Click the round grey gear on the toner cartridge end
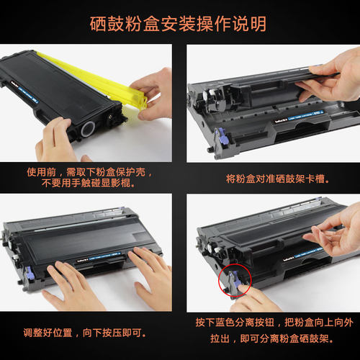pos(88,129)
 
